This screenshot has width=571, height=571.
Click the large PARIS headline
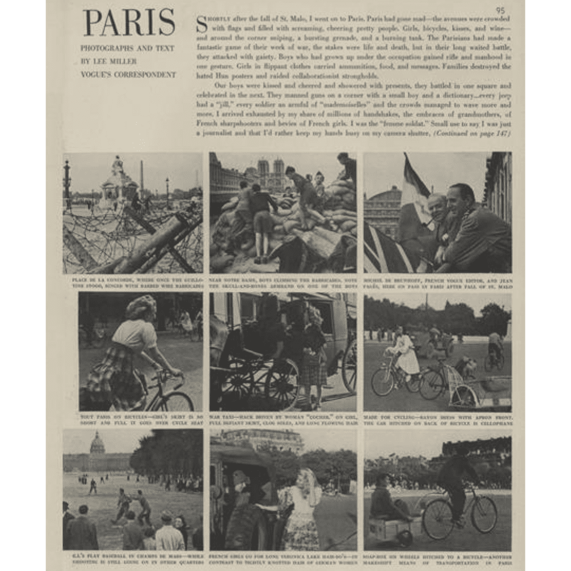pyautogui.click(x=129, y=23)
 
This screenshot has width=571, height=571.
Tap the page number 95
pyautogui.click(x=500, y=10)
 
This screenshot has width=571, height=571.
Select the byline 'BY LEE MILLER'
pyautogui.click(x=108, y=61)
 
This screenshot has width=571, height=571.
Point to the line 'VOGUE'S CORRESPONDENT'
pyautogui.click(x=128, y=75)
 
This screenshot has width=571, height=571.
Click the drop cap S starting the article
pyautogui.click(x=201, y=24)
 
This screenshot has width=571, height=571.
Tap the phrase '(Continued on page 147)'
pyautogui.click(x=472, y=134)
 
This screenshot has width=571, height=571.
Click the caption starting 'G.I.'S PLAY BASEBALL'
pyautogui.click(x=133, y=558)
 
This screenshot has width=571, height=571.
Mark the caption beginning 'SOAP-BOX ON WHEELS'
pyautogui.click(x=437, y=558)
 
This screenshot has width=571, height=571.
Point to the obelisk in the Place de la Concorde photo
pyautogui.click(x=142, y=177)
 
